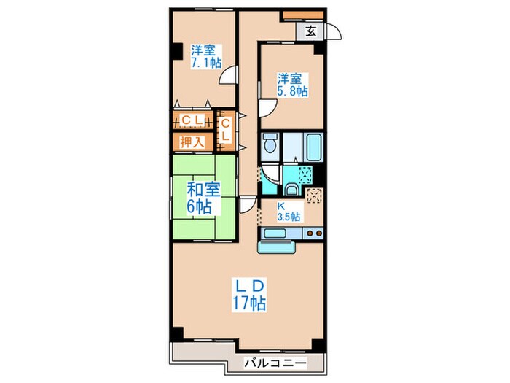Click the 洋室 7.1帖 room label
coord(206,56)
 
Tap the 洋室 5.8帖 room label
coord(292,85)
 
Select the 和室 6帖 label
coord(203,198)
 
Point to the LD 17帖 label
coord(249,295)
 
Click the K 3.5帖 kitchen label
coord(289,212)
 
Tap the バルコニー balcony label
coord(275,363)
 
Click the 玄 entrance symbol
coord(310,31)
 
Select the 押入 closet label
coord(192,142)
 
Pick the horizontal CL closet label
coord(192,120)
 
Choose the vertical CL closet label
coord(226,130)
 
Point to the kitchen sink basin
coord(275,233)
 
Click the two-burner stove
coord(313,233)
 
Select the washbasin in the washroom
coord(291,189)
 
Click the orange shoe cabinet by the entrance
coord(303,15)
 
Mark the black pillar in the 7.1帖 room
coord(178,51)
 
